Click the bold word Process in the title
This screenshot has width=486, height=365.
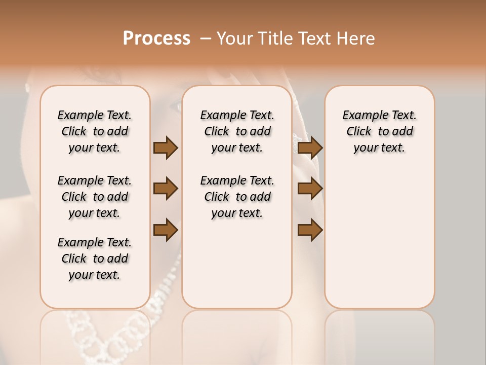click(x=156, y=38)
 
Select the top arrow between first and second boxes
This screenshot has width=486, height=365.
click(x=166, y=148)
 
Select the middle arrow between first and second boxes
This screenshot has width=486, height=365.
click(x=166, y=189)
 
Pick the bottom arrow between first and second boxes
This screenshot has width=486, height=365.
click(x=166, y=230)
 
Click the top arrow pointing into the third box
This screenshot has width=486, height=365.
click(x=310, y=148)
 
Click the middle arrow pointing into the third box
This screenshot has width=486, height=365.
click(x=310, y=189)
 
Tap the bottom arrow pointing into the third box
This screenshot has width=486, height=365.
click(x=310, y=230)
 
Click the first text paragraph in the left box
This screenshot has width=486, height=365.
click(x=95, y=131)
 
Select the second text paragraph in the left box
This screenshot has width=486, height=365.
click(x=95, y=197)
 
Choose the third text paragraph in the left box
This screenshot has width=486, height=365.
click(x=95, y=259)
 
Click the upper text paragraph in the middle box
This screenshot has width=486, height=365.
click(x=237, y=131)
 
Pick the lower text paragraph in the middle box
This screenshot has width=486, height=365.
click(x=237, y=197)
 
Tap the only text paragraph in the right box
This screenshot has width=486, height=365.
click(x=379, y=131)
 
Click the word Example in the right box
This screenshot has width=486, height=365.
click(x=362, y=116)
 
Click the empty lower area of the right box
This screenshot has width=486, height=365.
click(x=379, y=243)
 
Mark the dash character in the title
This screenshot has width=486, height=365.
click(x=206, y=38)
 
